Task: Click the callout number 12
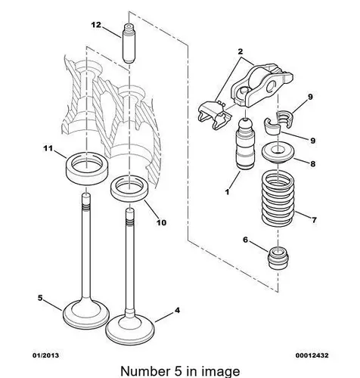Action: click(x=96, y=25)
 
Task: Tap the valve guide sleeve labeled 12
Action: click(x=129, y=43)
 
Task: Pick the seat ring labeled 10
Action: click(x=131, y=189)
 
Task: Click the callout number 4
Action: click(x=177, y=310)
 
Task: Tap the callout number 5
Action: click(x=40, y=298)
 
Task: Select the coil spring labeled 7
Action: click(x=278, y=198)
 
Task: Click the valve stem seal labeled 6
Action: click(x=278, y=258)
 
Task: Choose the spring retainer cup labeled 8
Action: click(x=278, y=153)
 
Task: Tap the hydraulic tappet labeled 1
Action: click(x=245, y=144)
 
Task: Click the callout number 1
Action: click(x=227, y=192)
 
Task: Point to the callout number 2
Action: click(x=241, y=51)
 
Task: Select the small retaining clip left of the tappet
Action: click(x=214, y=114)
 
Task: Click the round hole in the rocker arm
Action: click(x=271, y=86)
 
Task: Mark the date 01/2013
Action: click(x=46, y=355)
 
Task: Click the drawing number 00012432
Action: click(x=312, y=355)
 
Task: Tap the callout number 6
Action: click(x=246, y=240)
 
